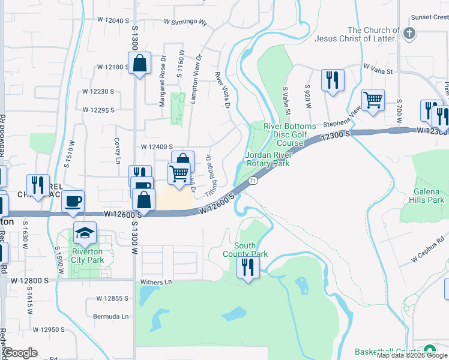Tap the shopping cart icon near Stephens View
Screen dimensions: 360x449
(373, 100)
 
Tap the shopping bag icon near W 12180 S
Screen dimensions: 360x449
(139, 63)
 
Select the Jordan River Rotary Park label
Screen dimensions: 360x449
(268, 159)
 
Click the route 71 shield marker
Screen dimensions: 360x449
(253, 181)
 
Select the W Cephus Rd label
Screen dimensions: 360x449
(430, 256)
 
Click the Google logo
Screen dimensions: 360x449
(20, 353)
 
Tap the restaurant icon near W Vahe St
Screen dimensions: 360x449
(331, 80)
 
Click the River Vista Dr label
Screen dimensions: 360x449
(223, 91)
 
